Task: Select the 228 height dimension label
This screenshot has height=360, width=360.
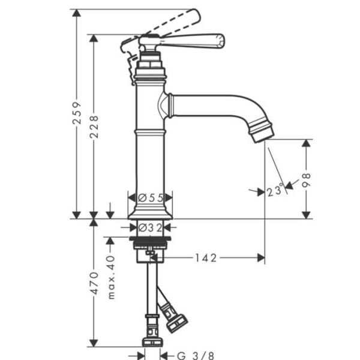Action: tap(94, 126)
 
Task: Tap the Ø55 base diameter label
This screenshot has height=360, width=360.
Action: tap(151, 197)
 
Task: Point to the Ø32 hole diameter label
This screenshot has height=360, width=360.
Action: tap(151, 227)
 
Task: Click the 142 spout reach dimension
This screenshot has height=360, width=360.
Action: tap(206, 257)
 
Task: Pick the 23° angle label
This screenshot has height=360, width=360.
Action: tap(275, 191)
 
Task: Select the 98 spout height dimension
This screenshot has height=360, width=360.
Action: tap(307, 179)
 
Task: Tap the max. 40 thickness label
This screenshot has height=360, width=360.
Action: tap(111, 277)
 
